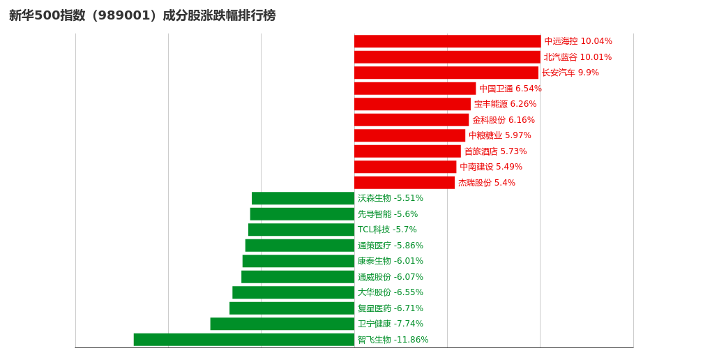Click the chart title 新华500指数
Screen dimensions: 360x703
(x=142, y=15)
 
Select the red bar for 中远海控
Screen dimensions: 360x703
(x=447, y=41)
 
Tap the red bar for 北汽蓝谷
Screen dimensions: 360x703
(x=447, y=57)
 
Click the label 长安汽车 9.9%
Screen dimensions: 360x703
(x=570, y=73)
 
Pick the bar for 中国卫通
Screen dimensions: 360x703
(x=415, y=89)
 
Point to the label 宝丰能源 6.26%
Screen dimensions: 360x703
(x=505, y=104)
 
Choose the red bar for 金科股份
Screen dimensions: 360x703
(x=411, y=120)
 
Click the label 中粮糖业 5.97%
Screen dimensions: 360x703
(x=499, y=135)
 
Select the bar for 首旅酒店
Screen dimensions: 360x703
(x=407, y=151)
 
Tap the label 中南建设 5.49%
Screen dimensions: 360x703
(x=490, y=167)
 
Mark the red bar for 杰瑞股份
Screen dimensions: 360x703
(x=405, y=183)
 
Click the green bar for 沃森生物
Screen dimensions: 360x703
(x=303, y=198)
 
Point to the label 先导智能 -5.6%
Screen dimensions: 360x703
(x=387, y=214)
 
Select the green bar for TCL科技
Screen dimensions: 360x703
(x=301, y=230)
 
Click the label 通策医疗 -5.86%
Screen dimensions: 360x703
(x=390, y=246)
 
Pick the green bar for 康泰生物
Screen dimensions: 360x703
(x=298, y=261)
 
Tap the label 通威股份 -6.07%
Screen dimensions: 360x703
(x=390, y=277)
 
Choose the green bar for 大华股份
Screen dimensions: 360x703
(x=293, y=292)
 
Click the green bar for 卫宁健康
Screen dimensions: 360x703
(x=282, y=324)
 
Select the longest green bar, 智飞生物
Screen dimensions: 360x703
(x=244, y=340)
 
